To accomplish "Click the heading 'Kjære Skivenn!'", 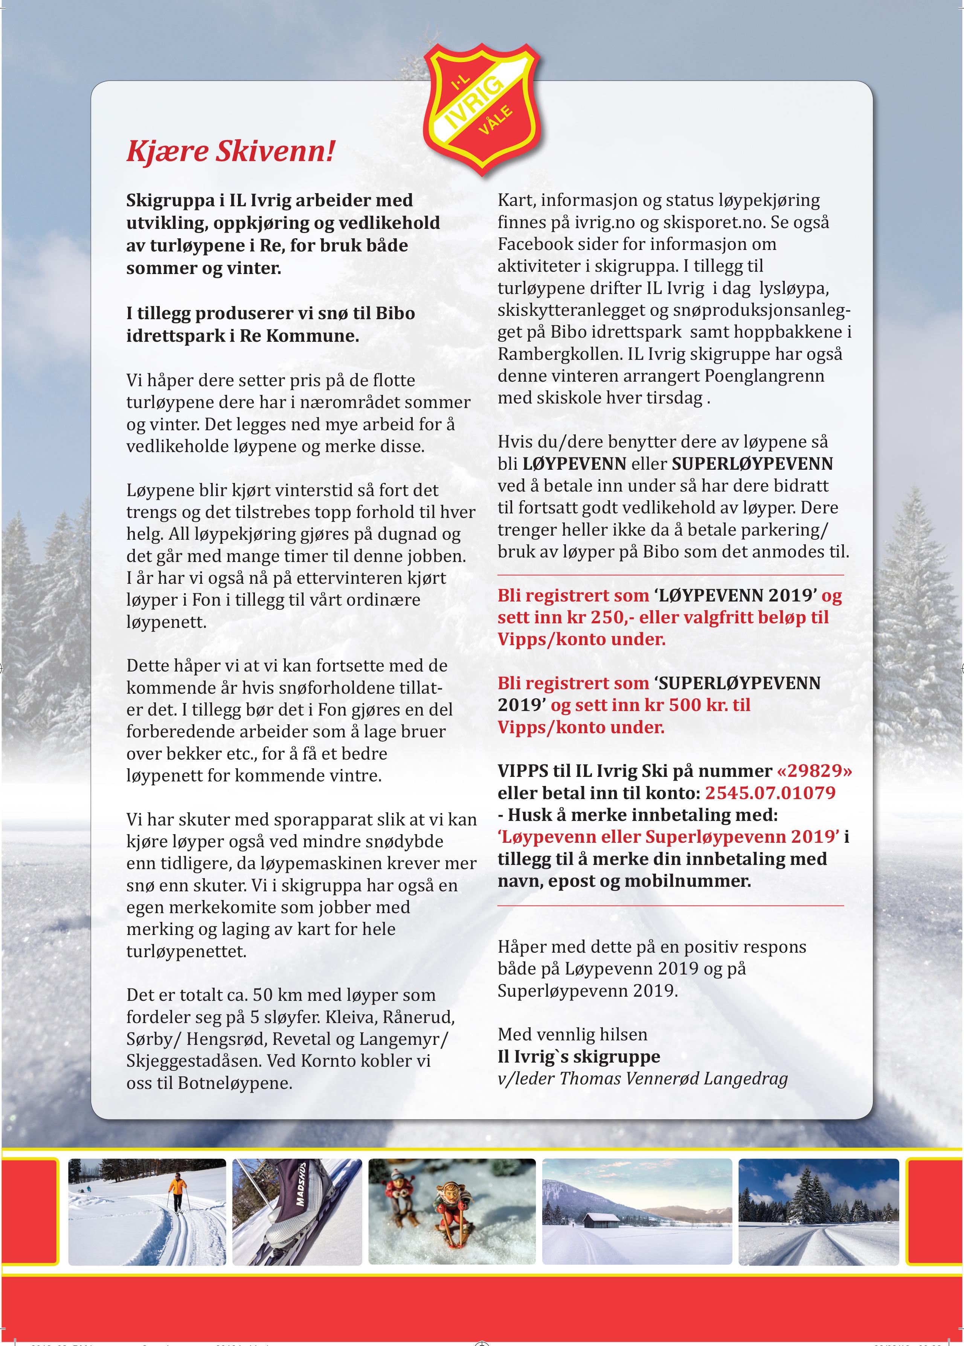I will pyautogui.click(x=230, y=151).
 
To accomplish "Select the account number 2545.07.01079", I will pyautogui.click(x=770, y=793).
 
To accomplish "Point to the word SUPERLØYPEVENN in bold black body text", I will pyautogui.click(x=752, y=464).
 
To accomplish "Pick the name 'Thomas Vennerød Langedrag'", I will pyautogui.click(x=674, y=1078).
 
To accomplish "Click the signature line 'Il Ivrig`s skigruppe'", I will pyautogui.click(x=579, y=1057).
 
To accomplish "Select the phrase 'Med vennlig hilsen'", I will pyautogui.click(x=572, y=1035).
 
